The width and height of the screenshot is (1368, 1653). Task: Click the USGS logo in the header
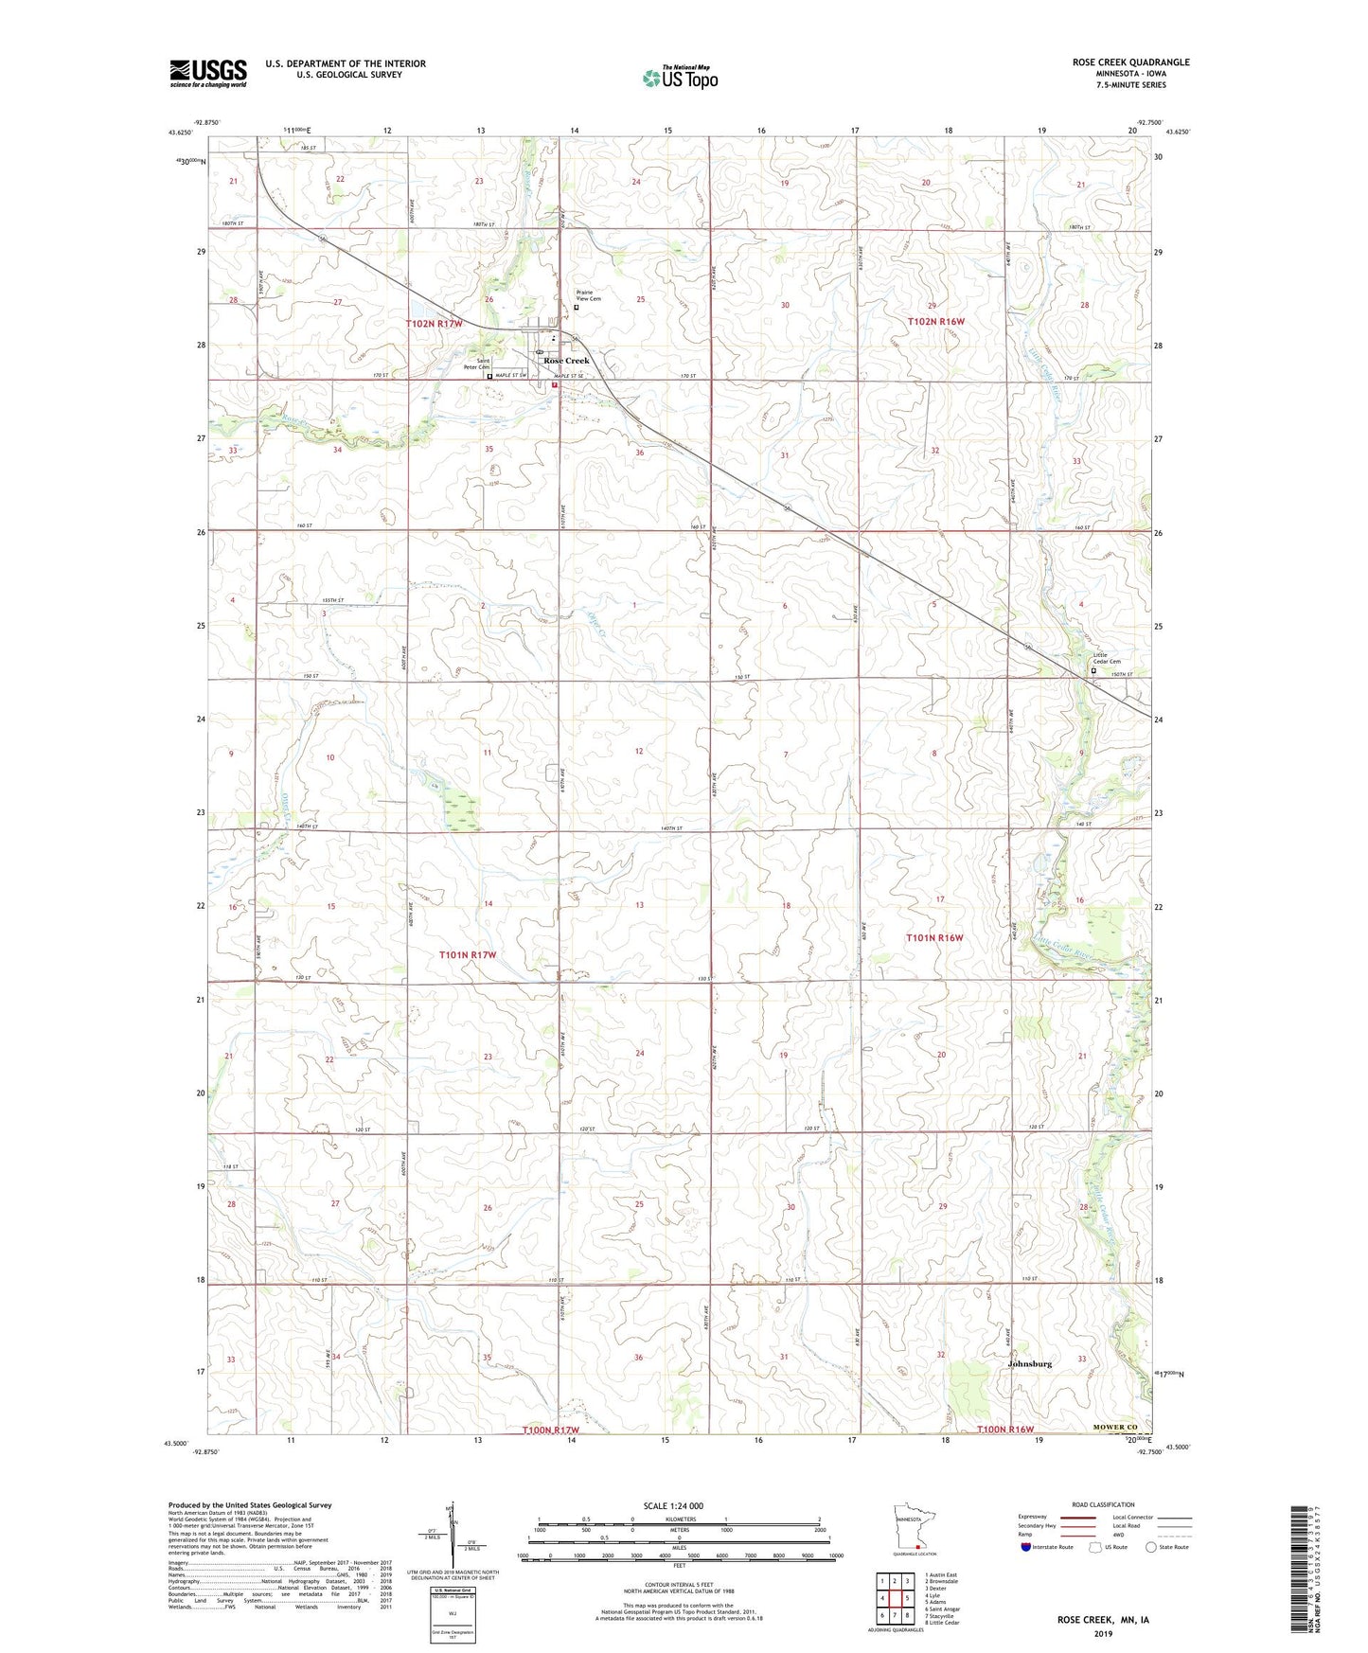pyautogui.click(x=208, y=73)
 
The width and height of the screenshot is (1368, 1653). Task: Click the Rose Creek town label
pyautogui.click(x=565, y=361)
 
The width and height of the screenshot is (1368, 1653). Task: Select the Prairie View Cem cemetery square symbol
pyautogui.click(x=577, y=307)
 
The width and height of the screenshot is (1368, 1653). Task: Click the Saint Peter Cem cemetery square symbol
pyautogui.click(x=489, y=376)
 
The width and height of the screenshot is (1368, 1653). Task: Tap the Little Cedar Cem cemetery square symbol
pyautogui.click(x=1093, y=670)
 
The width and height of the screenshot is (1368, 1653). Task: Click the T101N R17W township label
pyautogui.click(x=468, y=955)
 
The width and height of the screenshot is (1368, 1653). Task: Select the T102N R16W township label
pyautogui.click(x=935, y=322)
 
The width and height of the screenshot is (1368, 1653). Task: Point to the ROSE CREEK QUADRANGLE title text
pyautogui.click(x=1130, y=62)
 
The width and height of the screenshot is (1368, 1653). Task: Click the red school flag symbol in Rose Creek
pyautogui.click(x=555, y=385)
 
